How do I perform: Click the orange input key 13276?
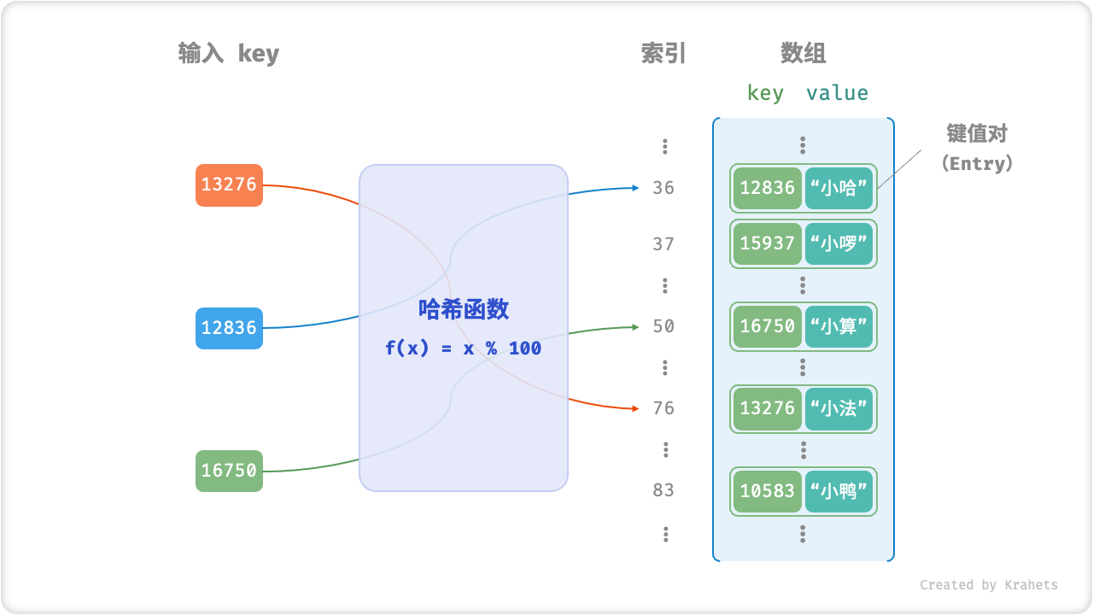tap(229, 184)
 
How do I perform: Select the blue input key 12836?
tap(229, 328)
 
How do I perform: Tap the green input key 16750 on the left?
tap(229, 470)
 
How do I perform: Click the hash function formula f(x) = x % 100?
tap(463, 348)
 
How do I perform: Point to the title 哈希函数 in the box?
tap(464, 309)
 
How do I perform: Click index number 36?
tap(663, 188)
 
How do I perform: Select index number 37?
tap(663, 244)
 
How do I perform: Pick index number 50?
tap(663, 326)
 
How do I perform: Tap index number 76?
tap(663, 408)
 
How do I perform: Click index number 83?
tap(663, 490)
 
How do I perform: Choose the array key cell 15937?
tap(768, 244)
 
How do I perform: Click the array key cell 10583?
tap(768, 491)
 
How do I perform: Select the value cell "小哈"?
tap(839, 188)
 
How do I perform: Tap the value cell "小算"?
tap(839, 326)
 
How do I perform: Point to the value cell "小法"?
tap(839, 408)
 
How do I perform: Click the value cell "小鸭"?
tap(839, 491)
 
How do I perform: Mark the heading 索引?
tap(663, 54)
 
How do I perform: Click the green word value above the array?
tap(837, 93)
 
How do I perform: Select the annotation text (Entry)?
tap(977, 163)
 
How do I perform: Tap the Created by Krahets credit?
tap(988, 585)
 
